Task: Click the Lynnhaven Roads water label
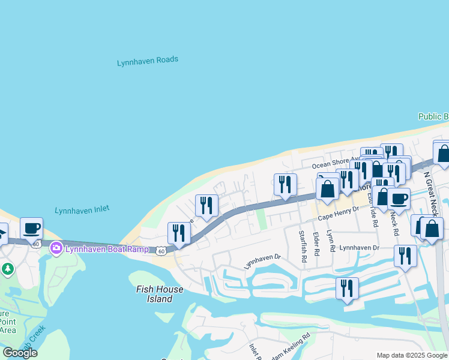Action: [x=148, y=61]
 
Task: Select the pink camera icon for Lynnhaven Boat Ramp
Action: [x=56, y=247]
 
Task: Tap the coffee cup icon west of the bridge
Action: [x=31, y=229]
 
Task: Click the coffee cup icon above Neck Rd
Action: [x=399, y=198]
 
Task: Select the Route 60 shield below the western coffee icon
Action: [x=36, y=244]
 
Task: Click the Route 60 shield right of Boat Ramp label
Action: [x=161, y=251]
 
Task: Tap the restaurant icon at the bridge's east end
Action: [x=178, y=232]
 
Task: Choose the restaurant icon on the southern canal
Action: [x=347, y=288]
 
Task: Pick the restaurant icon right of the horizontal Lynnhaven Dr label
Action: [x=406, y=256]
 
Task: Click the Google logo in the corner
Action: [x=20, y=353]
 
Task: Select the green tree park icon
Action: [x=8, y=268]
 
